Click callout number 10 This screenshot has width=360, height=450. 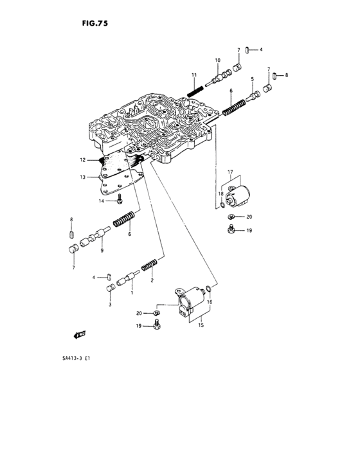click(217, 60)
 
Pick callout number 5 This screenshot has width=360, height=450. click(252, 80)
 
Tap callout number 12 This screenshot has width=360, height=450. click(82, 160)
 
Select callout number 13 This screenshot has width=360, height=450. click(82, 177)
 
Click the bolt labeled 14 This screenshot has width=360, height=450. click(120, 201)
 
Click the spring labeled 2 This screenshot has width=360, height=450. click(149, 265)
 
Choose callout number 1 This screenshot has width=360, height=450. click(132, 293)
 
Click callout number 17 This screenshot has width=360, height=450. click(229, 172)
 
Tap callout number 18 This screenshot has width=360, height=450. click(219, 194)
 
